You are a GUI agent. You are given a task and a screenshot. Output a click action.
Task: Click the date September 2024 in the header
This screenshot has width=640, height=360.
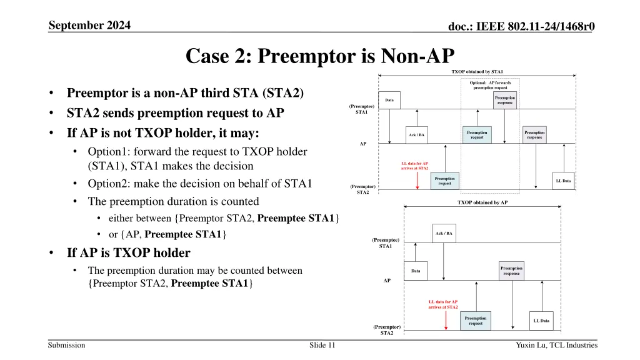pos(94,26)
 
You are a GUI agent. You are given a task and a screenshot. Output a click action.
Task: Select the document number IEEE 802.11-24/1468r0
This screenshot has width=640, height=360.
pos(521,26)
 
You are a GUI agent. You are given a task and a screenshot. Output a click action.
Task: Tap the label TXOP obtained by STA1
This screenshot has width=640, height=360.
pos(477,72)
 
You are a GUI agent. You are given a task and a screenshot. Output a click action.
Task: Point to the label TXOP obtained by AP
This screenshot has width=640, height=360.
pos(482,202)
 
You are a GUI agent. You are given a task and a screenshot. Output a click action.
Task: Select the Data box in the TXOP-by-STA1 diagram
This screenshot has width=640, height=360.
pos(389,100)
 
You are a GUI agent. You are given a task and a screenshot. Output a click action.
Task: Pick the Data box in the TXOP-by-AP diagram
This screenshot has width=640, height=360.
pos(416,271)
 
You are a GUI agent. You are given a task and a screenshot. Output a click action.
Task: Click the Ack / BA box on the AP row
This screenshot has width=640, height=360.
pos(417,135)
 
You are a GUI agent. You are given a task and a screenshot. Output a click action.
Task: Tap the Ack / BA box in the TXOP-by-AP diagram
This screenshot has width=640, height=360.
pos(444,233)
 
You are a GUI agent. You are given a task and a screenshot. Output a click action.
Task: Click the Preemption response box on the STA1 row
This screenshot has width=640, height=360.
pos(505,100)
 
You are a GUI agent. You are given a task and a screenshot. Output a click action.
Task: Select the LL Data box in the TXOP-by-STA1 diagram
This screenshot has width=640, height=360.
pos(562,181)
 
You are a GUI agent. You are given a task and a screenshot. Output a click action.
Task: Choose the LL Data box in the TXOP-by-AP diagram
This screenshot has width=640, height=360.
pos(541,321)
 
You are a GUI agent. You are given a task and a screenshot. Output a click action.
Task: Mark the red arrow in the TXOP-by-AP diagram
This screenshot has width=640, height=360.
pos(445,319)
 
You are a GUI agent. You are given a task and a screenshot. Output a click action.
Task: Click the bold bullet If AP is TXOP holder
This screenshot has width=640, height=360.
pos(128,253)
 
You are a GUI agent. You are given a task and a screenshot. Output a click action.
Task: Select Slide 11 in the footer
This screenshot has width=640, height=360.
pos(322,345)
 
